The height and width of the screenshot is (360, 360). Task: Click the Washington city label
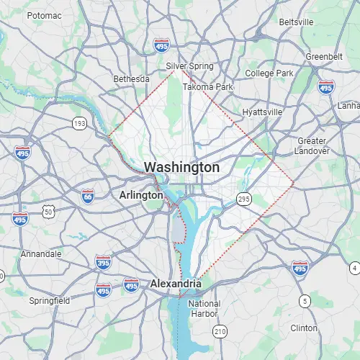pos(181,167)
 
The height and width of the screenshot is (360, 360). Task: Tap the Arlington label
pos(141,195)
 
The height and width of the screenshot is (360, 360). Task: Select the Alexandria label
pos(175,284)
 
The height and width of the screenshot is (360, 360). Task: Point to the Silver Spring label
pos(190,66)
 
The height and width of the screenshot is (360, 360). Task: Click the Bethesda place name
pos(131,78)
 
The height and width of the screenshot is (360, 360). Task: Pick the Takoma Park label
pos(207,87)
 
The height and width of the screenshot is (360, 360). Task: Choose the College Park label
pos(269,73)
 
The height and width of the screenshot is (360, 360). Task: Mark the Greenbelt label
pos(323,56)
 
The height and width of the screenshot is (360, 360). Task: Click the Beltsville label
pos(296,22)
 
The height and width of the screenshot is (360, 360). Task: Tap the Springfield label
pos(49,300)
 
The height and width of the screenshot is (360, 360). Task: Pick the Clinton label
pos(304,328)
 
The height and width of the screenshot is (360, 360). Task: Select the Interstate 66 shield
pos(87,196)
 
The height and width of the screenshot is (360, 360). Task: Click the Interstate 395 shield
pos(103,262)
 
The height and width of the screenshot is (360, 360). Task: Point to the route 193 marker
pos(78,125)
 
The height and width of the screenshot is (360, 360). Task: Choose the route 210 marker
pos(220,330)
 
